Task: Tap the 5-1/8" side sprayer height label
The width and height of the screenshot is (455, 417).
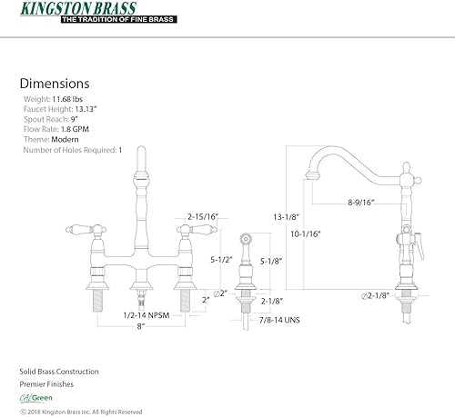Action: tap(267, 260)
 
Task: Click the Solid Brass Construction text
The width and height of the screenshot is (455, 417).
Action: tap(59, 372)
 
